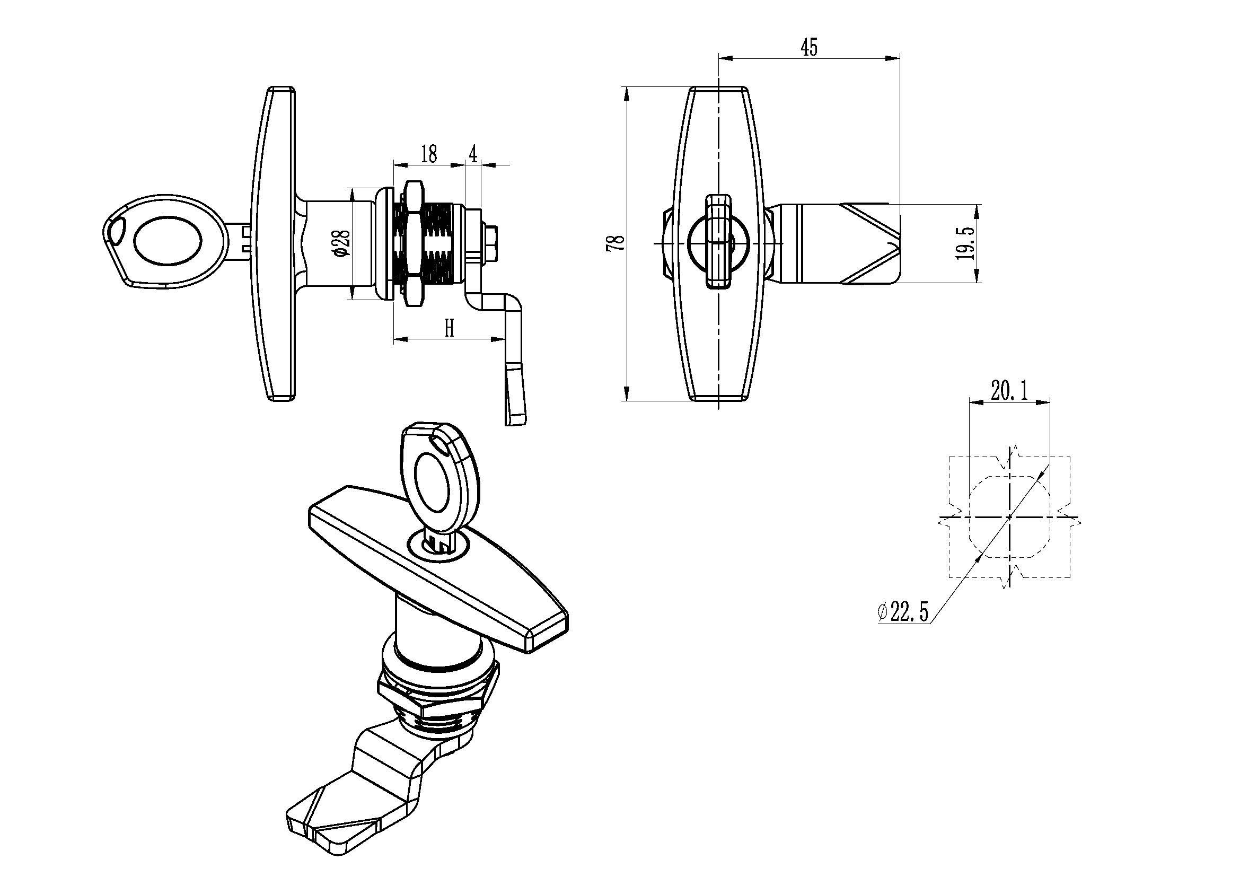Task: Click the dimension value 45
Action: [x=808, y=48]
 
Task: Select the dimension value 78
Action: [x=615, y=242]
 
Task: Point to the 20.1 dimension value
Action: [x=1009, y=390]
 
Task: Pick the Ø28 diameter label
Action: [x=342, y=242]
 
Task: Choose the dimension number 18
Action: [x=428, y=154]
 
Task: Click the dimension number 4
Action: [x=473, y=154]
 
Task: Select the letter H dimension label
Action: [x=449, y=328]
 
